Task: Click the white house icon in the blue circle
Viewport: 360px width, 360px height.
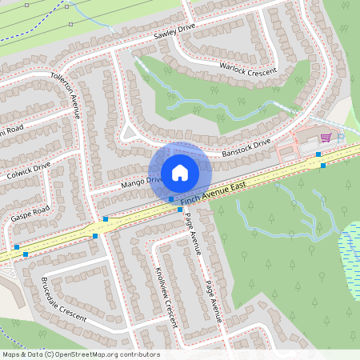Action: [179, 172]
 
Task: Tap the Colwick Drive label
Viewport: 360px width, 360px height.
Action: [29, 171]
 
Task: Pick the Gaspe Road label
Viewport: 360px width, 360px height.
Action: [30, 214]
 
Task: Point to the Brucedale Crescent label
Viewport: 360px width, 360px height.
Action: [62, 300]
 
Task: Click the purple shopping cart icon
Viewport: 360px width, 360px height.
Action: [325, 138]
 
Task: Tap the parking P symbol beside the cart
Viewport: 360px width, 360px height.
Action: [339, 137]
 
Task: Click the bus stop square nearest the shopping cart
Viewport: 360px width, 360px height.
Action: [318, 153]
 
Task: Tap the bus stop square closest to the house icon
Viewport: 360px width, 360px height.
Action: [171, 198]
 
